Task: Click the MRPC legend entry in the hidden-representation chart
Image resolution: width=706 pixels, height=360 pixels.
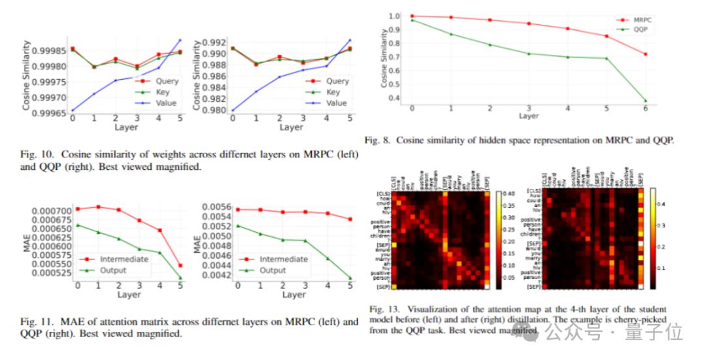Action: pos(643,20)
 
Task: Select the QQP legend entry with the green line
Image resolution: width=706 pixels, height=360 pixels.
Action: pos(642,30)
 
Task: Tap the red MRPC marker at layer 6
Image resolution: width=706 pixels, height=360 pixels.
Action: pos(646,54)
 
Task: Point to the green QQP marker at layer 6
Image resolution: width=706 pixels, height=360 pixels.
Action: pos(646,101)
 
